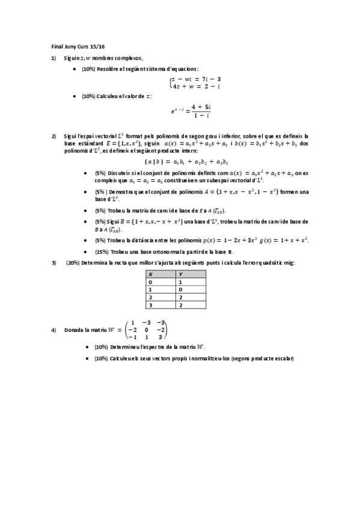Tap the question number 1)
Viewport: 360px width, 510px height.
53,58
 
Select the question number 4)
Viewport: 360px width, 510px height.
53,330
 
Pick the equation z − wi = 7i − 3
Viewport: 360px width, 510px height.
196,79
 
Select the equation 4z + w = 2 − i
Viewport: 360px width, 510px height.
196,86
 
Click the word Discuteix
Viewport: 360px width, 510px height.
120,173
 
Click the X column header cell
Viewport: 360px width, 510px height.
161,274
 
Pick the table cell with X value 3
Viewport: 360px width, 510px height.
161,305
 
